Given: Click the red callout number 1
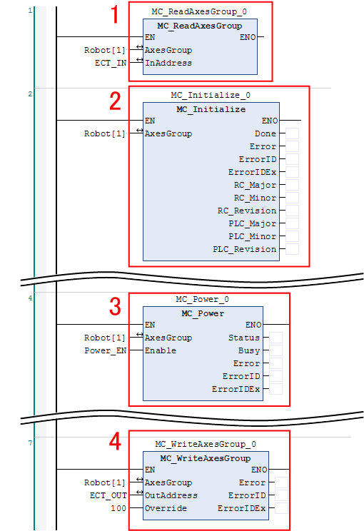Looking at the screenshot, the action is (x=115, y=14).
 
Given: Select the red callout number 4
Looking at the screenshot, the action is (x=115, y=442).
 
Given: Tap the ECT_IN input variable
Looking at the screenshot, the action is (x=111, y=63).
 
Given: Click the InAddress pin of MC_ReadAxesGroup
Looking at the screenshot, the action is (x=168, y=63).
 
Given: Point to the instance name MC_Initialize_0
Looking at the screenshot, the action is (x=211, y=95).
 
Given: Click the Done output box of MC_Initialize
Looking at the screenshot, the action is (x=292, y=133).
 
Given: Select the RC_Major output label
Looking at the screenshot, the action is (x=255, y=186).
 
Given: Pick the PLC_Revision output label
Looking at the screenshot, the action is (x=245, y=249).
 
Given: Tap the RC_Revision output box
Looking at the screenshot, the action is (x=292, y=211).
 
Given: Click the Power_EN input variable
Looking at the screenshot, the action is (x=106, y=350).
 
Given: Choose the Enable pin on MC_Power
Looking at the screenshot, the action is (x=161, y=350).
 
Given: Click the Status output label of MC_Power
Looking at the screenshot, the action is (x=244, y=338).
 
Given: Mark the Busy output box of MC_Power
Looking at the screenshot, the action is (x=275, y=350).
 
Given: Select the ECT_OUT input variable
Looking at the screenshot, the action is (x=108, y=495).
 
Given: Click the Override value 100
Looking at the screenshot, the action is (x=118, y=508).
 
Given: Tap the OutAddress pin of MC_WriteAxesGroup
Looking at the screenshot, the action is (x=171, y=495).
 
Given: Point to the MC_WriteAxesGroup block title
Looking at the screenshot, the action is (x=206, y=458).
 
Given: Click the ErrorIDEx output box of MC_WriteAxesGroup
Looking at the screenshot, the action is (x=281, y=508).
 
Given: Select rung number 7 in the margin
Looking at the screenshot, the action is (x=30, y=442).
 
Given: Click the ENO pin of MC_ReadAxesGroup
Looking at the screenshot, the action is (x=248, y=37).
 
